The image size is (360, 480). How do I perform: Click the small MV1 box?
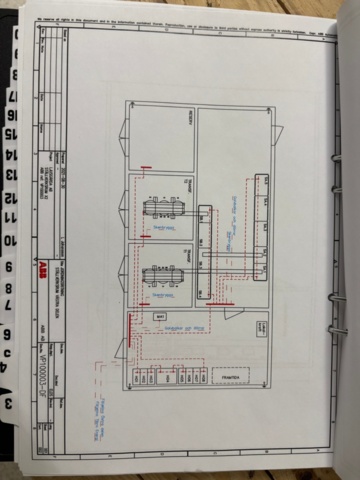coord(158,316)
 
